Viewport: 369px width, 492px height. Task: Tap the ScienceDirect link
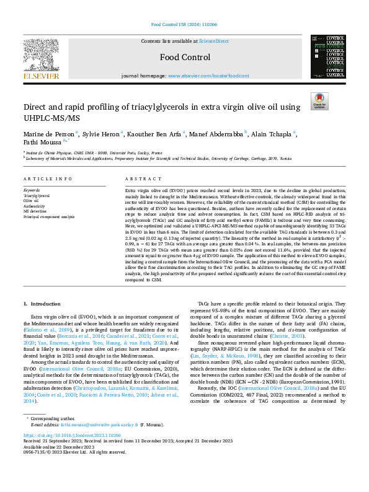[212, 41]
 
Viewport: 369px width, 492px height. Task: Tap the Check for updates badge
[318, 102]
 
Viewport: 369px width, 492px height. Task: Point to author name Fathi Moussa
[39, 141]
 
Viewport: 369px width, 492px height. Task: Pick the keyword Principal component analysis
[48, 217]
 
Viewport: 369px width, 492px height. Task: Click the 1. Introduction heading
[42, 304]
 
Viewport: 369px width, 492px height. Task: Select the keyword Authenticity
[35, 206]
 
